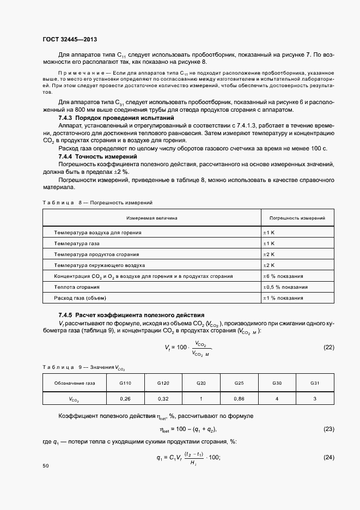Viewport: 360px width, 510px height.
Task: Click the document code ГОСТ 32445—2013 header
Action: (x=69, y=39)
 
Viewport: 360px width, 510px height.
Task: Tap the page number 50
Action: (x=46, y=466)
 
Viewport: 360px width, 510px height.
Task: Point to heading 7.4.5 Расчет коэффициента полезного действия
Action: (x=131, y=315)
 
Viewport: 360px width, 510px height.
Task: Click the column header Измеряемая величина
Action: (x=152, y=218)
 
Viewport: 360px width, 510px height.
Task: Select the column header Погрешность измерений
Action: (x=297, y=218)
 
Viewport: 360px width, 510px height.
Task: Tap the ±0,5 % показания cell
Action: (x=285, y=287)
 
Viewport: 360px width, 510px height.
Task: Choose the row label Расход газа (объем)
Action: (x=80, y=297)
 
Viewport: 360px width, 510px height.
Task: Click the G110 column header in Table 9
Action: (x=125, y=383)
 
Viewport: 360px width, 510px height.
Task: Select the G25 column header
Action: (x=239, y=383)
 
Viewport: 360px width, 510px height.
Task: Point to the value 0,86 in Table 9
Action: (x=239, y=399)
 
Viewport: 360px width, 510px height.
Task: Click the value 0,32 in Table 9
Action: (x=163, y=399)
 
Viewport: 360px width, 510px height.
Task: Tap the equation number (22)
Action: (x=328, y=347)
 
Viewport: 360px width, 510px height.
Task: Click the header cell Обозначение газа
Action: (x=75, y=383)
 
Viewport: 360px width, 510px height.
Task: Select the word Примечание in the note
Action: (x=76, y=73)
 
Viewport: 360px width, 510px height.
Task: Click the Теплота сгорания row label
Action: (x=77, y=287)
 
